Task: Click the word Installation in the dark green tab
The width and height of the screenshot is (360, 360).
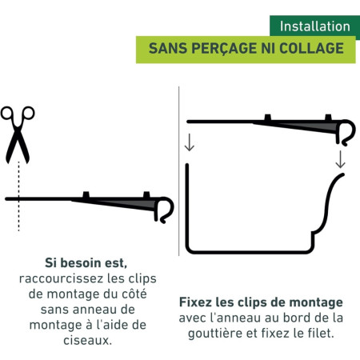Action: pos(315,26)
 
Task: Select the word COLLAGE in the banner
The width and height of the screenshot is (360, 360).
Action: pos(311,48)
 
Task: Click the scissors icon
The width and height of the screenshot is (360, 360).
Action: pos(18,134)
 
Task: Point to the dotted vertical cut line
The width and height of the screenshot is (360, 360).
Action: pos(18,196)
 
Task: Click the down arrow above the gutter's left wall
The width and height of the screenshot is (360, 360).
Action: pos(190,142)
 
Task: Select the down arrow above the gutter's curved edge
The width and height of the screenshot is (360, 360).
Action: pos(340,159)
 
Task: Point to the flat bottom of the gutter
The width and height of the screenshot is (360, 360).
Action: pos(250,251)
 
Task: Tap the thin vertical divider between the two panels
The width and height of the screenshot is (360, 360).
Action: pos(179,171)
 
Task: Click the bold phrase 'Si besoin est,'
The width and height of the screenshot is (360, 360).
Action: pos(86,263)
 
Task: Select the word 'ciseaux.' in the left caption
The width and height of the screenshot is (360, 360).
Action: pos(88,340)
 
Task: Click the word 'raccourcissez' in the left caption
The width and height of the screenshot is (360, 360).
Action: pos(61,278)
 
